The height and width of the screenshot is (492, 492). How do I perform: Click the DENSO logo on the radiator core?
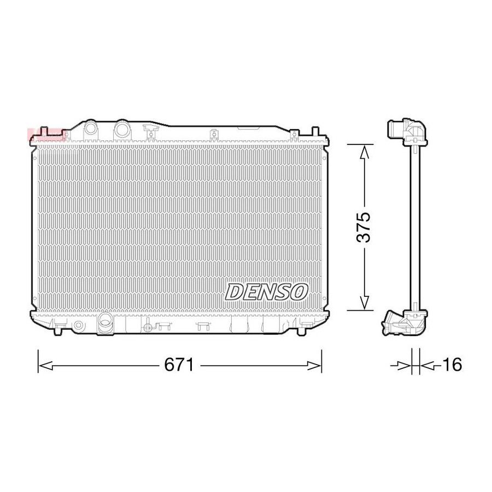tap(266, 291)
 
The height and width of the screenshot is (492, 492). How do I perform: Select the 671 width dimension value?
tap(179, 365)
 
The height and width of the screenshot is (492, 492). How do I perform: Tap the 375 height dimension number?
tap(364, 227)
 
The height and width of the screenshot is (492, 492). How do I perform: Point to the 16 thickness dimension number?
tap(452, 365)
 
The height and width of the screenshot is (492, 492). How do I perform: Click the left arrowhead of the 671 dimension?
tap(45, 365)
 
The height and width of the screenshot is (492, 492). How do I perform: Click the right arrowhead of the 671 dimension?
tap(314, 365)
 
